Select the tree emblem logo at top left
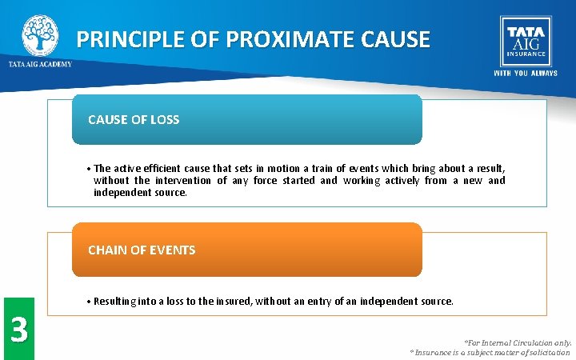click(x=40, y=34)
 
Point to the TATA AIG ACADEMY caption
click(x=40, y=64)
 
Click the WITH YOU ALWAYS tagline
click(x=525, y=73)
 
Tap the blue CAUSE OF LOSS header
click(x=246, y=120)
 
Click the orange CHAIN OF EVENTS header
click(x=246, y=250)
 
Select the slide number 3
click(x=18, y=329)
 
